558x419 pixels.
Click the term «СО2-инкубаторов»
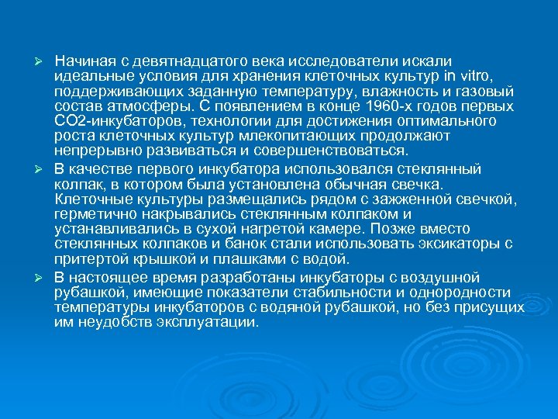click(x=110, y=122)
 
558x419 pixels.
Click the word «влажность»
click(x=391, y=91)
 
